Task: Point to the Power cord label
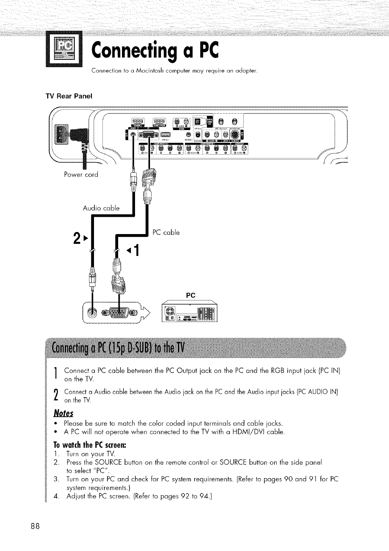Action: tap(81, 175)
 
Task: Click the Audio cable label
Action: tap(101, 208)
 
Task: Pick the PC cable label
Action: tap(166, 233)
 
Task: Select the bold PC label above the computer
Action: tap(191, 295)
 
